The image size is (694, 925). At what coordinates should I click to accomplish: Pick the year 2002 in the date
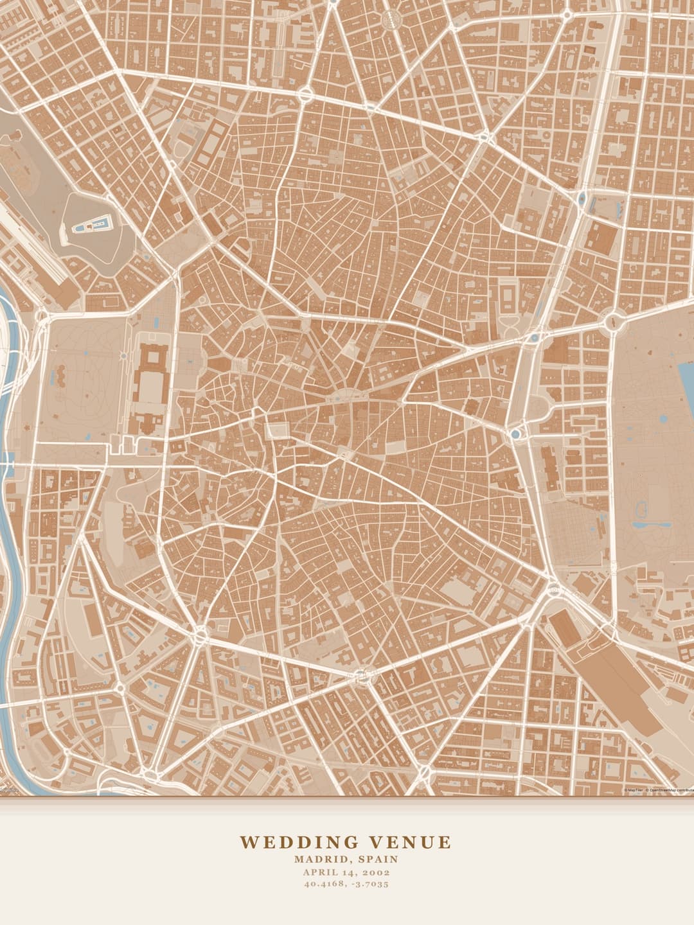coord(377,872)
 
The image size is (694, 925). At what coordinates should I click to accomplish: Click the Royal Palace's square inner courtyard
coord(152,387)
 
